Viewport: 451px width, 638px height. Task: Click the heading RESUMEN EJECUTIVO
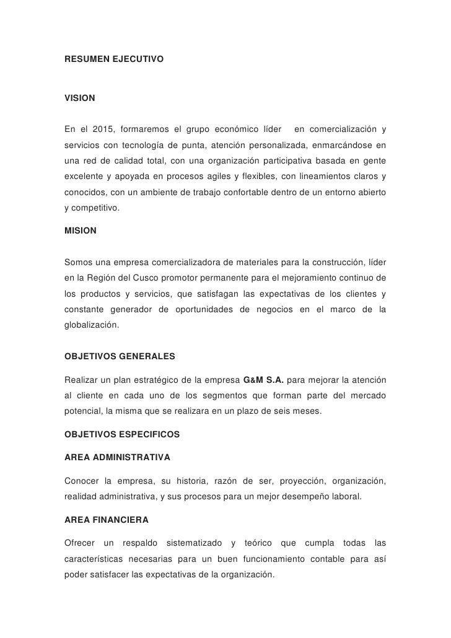[x=114, y=61]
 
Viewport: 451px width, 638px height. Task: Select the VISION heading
[x=80, y=98]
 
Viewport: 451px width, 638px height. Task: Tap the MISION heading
[x=81, y=230]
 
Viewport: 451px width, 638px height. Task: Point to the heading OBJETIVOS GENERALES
[x=120, y=357]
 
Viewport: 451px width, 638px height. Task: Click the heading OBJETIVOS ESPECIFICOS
[x=122, y=435]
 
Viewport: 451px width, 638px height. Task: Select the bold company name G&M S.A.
[x=267, y=379]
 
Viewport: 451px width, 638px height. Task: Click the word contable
[x=343, y=559]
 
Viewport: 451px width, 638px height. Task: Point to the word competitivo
[x=95, y=209]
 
